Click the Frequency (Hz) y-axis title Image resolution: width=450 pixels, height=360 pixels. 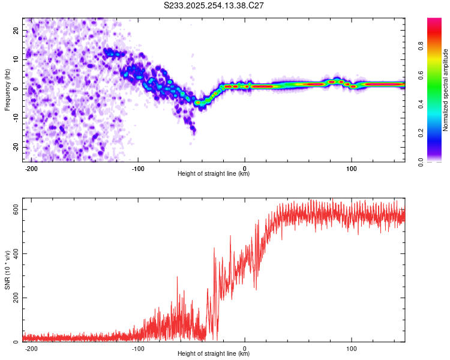tap(8, 89)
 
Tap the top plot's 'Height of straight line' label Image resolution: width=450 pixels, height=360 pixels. tap(214, 173)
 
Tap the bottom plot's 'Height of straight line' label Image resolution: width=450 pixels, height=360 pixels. tap(214, 353)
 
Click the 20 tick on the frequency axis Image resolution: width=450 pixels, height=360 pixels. tap(16, 30)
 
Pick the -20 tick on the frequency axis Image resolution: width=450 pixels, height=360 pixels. tap(15, 147)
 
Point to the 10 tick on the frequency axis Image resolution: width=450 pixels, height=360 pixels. tap(16, 59)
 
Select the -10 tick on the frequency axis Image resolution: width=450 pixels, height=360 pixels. tap(15, 118)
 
